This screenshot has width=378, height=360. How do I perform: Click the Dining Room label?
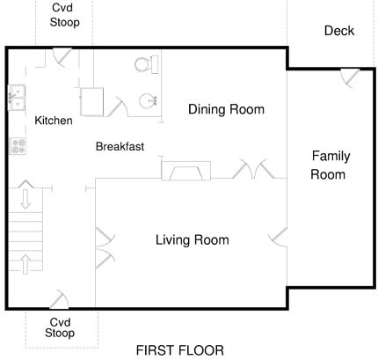[226, 109]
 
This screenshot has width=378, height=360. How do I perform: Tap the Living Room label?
[193, 240]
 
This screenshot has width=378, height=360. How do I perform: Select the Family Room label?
[330, 165]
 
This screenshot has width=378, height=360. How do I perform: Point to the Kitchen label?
[54, 121]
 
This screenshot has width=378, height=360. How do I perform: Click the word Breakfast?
[120, 146]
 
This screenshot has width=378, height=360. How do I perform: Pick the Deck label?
[339, 31]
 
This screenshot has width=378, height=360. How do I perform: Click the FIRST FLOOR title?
[180, 350]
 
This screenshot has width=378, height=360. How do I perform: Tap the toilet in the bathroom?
[146, 64]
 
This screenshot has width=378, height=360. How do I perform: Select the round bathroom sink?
[148, 101]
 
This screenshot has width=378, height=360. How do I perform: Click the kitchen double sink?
[17, 98]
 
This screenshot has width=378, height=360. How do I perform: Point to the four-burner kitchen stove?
[18, 146]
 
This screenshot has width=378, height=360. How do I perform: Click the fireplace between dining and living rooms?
[186, 171]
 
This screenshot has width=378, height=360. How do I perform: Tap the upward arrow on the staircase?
[25, 264]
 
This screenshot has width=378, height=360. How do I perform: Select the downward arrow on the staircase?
[25, 199]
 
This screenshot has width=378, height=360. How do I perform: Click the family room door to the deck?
[351, 77]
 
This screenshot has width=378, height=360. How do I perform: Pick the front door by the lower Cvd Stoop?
[60, 299]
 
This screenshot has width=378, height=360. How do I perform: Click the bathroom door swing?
[118, 107]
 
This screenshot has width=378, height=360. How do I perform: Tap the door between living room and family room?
[279, 237]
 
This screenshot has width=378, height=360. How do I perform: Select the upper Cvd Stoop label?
[64, 15]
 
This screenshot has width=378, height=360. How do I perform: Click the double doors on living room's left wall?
[105, 248]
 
